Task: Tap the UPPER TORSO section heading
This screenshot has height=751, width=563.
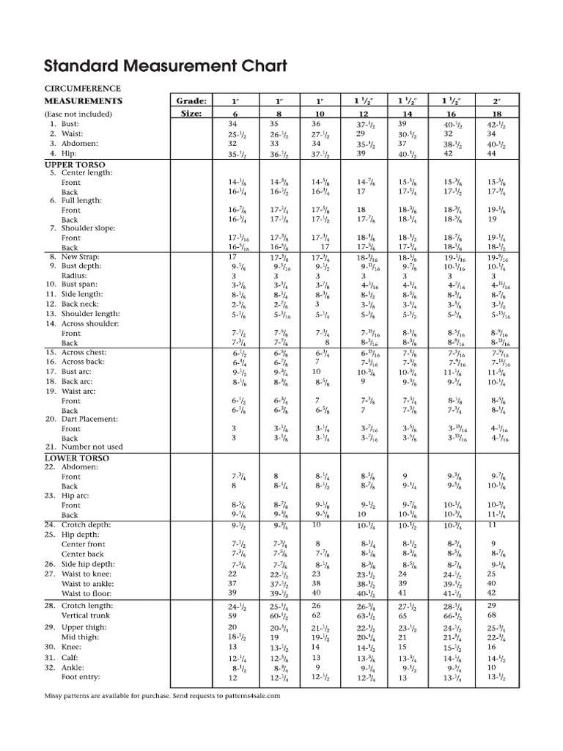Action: point(75,164)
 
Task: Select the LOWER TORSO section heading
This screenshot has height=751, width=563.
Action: point(77,457)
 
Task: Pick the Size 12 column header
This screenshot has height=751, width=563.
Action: point(362,114)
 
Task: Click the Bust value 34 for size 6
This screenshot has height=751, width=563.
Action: point(232,125)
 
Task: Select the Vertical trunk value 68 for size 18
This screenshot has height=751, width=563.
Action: point(491,616)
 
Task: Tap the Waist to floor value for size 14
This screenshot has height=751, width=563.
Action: point(402,593)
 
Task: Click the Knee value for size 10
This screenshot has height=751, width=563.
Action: point(316,648)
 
